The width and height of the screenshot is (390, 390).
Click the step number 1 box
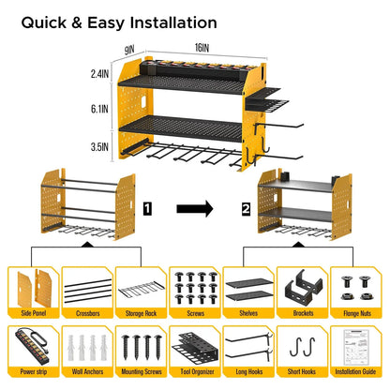146,202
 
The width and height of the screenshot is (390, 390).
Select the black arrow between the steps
196,202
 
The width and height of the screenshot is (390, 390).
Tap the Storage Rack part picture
141,285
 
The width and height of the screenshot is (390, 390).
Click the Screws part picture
194,285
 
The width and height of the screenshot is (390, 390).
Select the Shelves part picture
247,285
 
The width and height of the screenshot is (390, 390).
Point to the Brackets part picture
302,285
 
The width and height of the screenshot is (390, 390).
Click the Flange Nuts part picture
355,285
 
